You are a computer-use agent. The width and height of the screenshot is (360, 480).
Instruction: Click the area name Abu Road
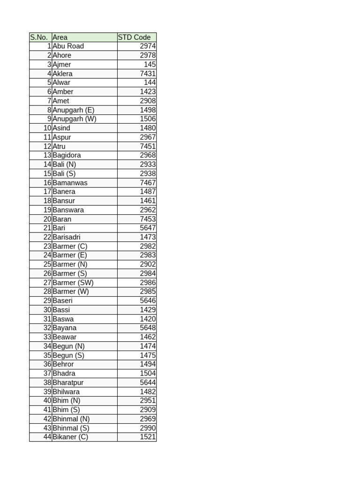click(x=68, y=46)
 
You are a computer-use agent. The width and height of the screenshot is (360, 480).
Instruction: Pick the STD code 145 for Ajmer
click(x=150, y=65)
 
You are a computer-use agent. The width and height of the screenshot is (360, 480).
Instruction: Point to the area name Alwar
click(x=61, y=82)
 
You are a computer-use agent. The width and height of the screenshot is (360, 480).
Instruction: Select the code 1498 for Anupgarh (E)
click(x=148, y=110)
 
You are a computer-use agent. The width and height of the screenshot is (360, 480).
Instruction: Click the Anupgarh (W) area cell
click(x=75, y=119)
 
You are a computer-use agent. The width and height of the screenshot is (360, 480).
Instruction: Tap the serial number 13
click(x=47, y=155)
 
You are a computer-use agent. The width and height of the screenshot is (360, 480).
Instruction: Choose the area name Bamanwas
click(x=70, y=183)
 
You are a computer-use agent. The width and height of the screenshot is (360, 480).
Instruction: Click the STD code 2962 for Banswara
click(x=148, y=210)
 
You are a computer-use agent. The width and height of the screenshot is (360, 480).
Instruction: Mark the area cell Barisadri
click(x=67, y=237)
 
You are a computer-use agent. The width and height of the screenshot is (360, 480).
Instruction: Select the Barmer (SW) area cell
click(x=73, y=283)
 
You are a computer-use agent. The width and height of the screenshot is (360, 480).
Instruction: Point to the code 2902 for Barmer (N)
click(x=148, y=264)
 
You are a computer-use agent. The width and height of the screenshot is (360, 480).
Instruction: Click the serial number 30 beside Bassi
click(x=47, y=310)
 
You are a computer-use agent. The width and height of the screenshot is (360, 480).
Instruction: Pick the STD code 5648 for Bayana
click(x=148, y=328)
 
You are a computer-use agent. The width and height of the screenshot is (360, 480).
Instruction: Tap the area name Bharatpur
click(x=68, y=382)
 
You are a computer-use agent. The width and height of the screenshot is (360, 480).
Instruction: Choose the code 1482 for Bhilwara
click(x=148, y=392)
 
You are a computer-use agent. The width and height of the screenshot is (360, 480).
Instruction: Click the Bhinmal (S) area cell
click(x=71, y=428)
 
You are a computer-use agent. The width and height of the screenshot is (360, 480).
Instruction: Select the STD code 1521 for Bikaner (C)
click(x=148, y=437)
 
